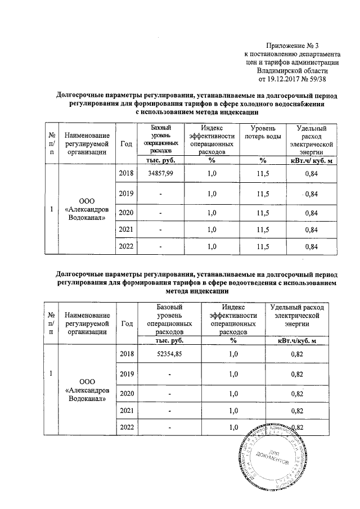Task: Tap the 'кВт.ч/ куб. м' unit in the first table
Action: click(x=311, y=161)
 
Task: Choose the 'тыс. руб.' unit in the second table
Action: click(x=168, y=340)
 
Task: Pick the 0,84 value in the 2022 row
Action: click(x=311, y=246)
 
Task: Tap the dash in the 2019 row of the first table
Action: click(x=160, y=194)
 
